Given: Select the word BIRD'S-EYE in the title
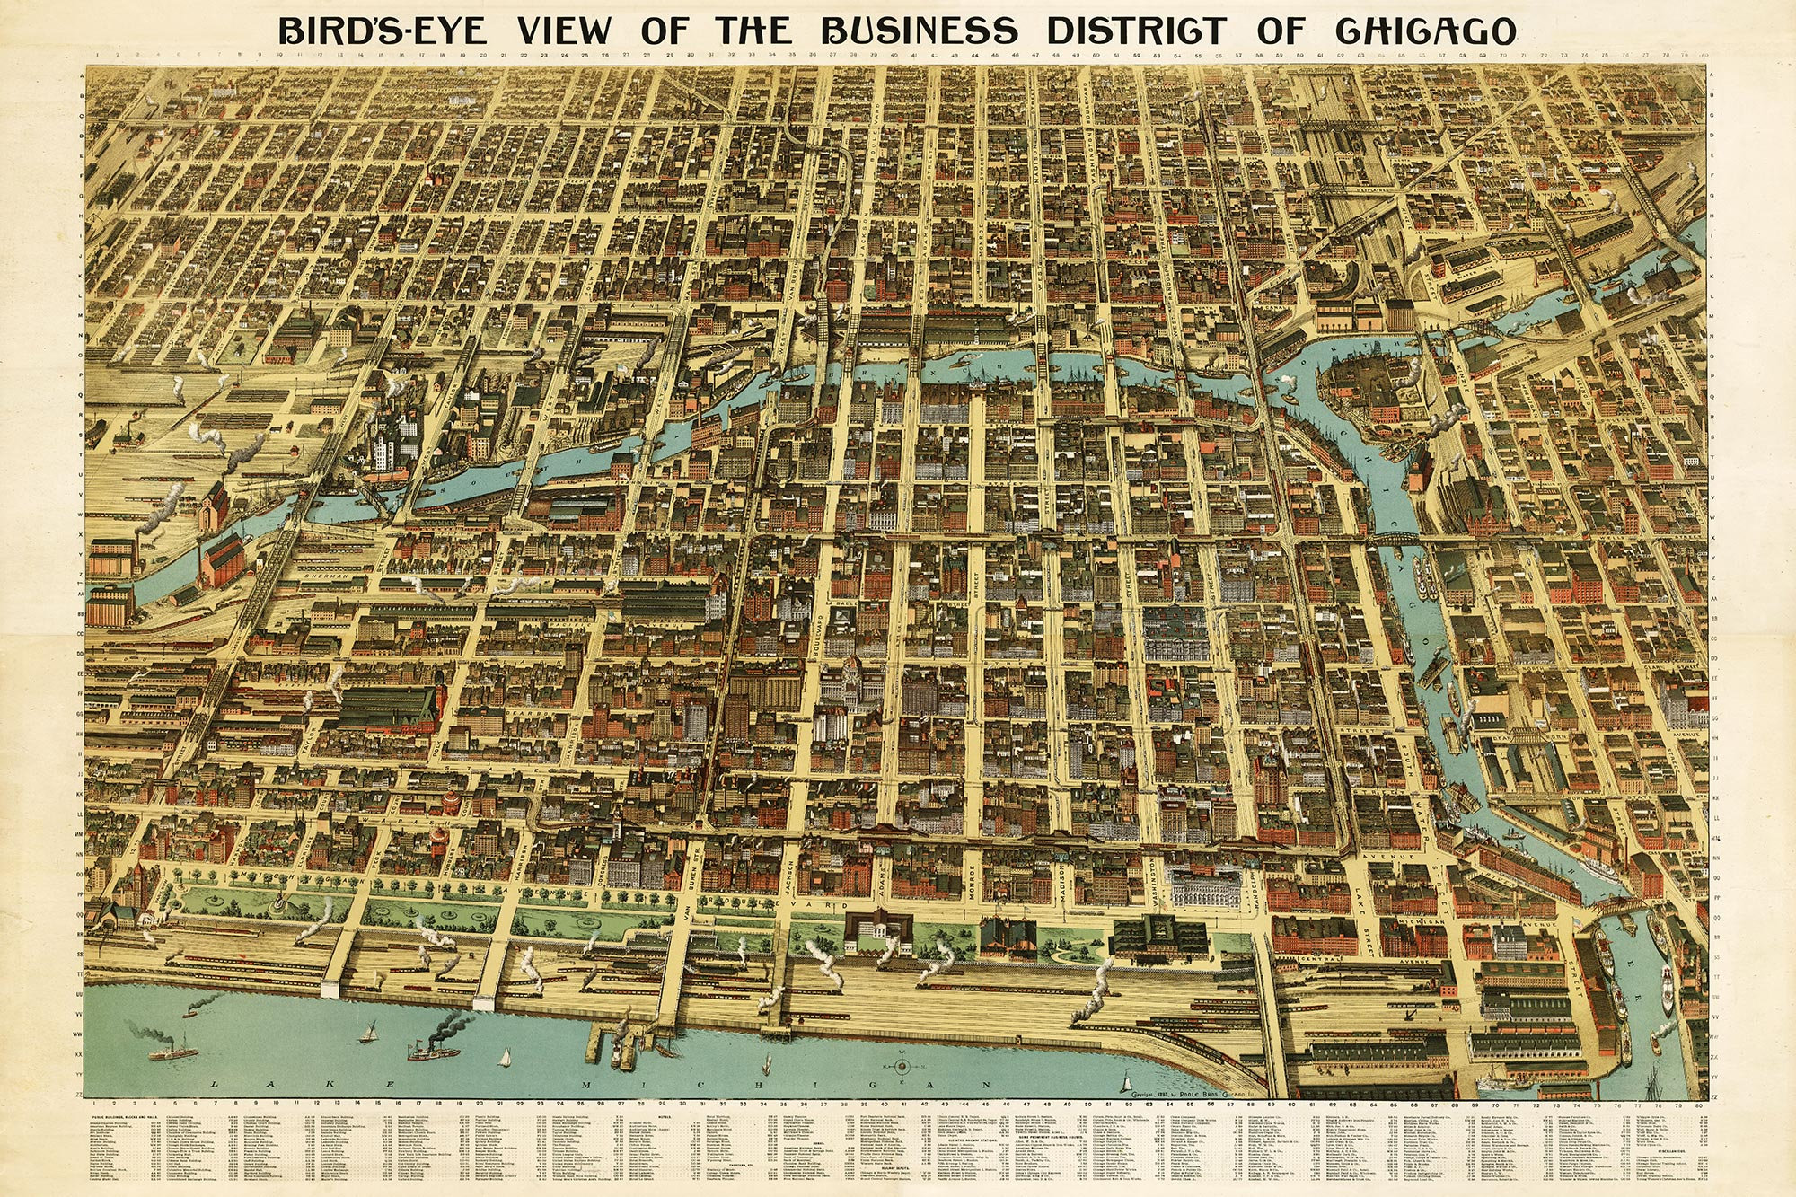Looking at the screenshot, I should click(383, 31).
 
